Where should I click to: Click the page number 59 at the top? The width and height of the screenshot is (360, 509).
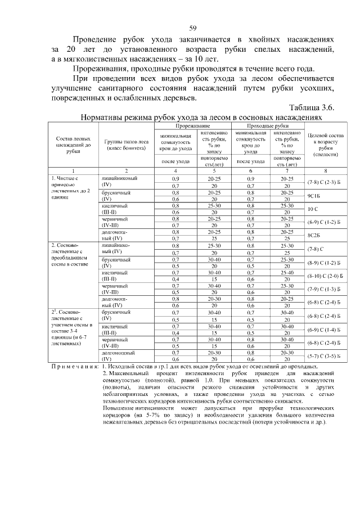click(192, 28)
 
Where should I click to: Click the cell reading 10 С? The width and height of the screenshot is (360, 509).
click(313, 209)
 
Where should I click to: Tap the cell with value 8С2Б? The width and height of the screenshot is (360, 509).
click(313, 236)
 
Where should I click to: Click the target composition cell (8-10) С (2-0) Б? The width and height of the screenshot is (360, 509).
click(321, 276)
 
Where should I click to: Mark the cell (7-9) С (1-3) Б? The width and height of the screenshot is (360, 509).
click(321, 290)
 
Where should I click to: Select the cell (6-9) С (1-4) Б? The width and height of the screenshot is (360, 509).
click(321, 330)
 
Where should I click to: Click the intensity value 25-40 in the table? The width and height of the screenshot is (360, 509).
click(286, 272)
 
